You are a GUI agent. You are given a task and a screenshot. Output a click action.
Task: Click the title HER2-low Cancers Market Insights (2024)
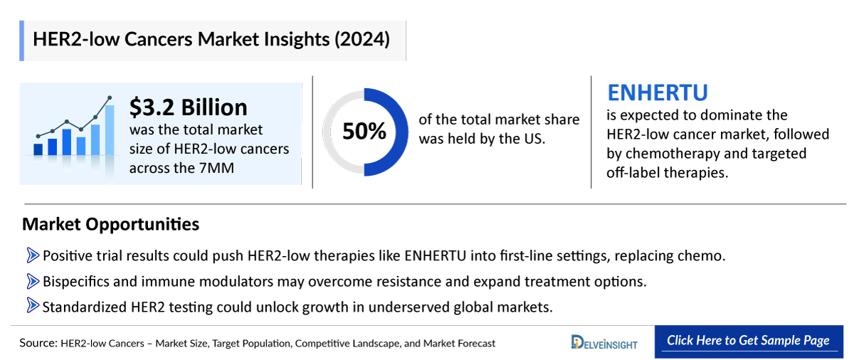point(211,40)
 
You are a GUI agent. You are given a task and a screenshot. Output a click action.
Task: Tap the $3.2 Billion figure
point(188,107)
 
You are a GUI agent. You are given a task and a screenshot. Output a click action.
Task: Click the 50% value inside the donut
point(364,132)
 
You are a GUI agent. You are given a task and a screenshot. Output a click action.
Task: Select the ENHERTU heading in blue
point(657,93)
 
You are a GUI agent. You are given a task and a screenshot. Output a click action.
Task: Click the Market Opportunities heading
point(110,225)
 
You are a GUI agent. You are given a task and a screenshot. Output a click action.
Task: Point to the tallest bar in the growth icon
point(110,129)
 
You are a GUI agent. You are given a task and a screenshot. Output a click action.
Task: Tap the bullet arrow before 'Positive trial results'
point(33,255)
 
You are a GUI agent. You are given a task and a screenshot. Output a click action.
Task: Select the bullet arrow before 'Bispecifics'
point(33,281)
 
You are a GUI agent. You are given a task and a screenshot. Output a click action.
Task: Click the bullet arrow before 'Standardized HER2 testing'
point(33,307)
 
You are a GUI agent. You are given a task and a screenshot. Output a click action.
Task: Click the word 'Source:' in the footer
point(38,343)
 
